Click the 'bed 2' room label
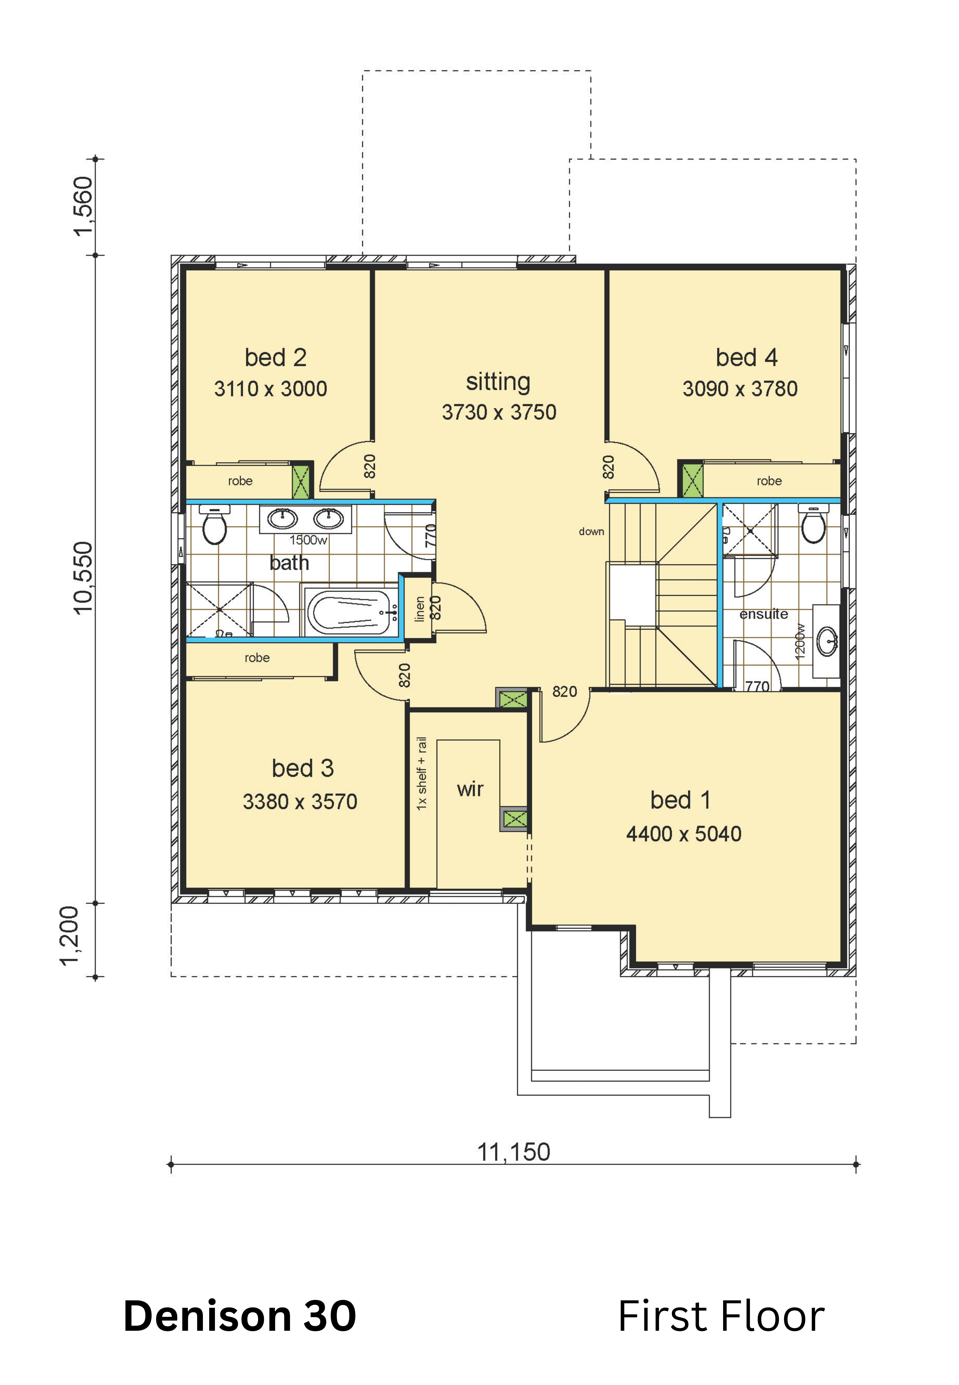pos(276,358)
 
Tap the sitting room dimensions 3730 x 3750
pos(499,412)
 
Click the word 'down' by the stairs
pos(591,532)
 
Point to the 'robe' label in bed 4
pos(769,481)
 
